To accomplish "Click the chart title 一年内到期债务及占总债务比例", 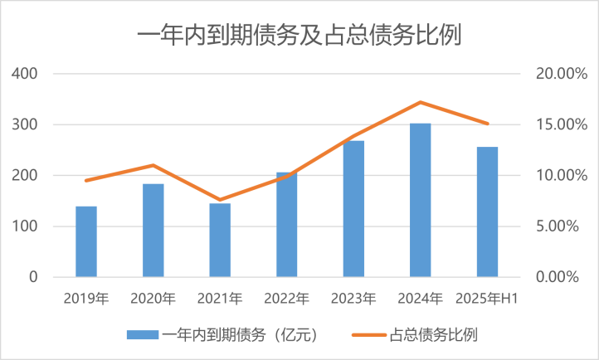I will tap(299, 36).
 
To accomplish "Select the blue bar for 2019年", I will tap(86, 241).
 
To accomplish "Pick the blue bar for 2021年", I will tap(220, 240).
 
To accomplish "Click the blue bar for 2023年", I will tap(353, 209).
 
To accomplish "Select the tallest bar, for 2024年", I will tap(421, 200).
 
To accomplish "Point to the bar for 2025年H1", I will tap(487, 212).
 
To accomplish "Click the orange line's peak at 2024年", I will tap(421, 102).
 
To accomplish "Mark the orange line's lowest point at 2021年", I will tap(220, 200).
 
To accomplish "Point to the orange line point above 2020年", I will tap(153, 165).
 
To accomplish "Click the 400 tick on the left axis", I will tap(26, 74).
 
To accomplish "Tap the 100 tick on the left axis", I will tap(26, 226).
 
